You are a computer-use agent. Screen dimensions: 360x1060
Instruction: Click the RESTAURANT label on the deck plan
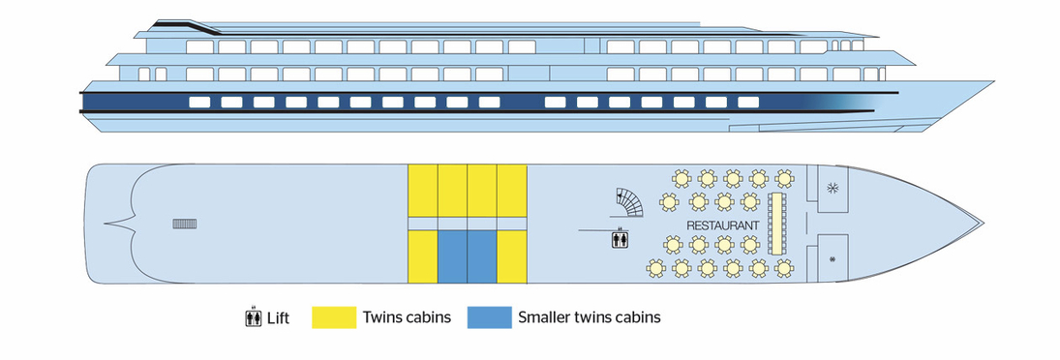[722, 225]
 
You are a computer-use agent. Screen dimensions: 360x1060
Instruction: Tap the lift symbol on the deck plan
[621, 238]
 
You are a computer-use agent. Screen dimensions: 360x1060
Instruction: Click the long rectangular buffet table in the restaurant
[775, 224]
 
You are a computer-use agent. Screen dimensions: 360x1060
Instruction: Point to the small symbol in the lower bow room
[833, 258]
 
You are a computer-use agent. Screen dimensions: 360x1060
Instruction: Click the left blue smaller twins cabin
[452, 256]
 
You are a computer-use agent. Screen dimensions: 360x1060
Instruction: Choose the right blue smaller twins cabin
[482, 256]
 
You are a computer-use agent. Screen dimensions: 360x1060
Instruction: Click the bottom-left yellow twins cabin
[422, 256]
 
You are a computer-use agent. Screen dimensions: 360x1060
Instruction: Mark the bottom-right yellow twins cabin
[512, 256]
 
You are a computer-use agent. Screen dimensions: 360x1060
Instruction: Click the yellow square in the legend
[331, 317]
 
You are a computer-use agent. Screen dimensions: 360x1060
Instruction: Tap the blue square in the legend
[487, 317]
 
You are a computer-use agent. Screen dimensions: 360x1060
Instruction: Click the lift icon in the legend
[254, 317]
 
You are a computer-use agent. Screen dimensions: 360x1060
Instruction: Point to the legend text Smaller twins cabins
[590, 317]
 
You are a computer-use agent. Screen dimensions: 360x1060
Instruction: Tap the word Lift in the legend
[278, 317]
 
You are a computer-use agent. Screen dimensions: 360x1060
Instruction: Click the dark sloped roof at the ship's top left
[189, 22]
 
